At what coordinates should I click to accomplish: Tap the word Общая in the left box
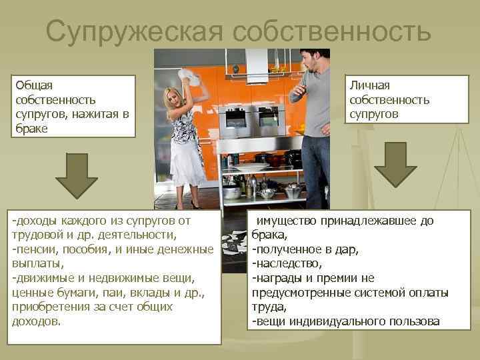(x=34, y=85)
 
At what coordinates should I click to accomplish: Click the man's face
(x=310, y=63)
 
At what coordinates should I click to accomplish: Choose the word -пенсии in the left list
(x=33, y=249)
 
